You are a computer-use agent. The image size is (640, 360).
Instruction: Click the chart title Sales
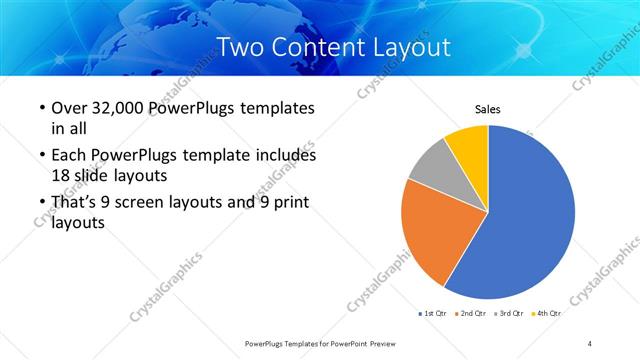pyautogui.click(x=487, y=110)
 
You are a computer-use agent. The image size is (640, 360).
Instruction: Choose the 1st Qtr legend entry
pyautogui.click(x=432, y=313)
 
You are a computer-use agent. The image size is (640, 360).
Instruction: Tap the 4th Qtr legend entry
pyautogui.click(x=548, y=313)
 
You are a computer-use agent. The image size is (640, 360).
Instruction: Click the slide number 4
pyautogui.click(x=590, y=343)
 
